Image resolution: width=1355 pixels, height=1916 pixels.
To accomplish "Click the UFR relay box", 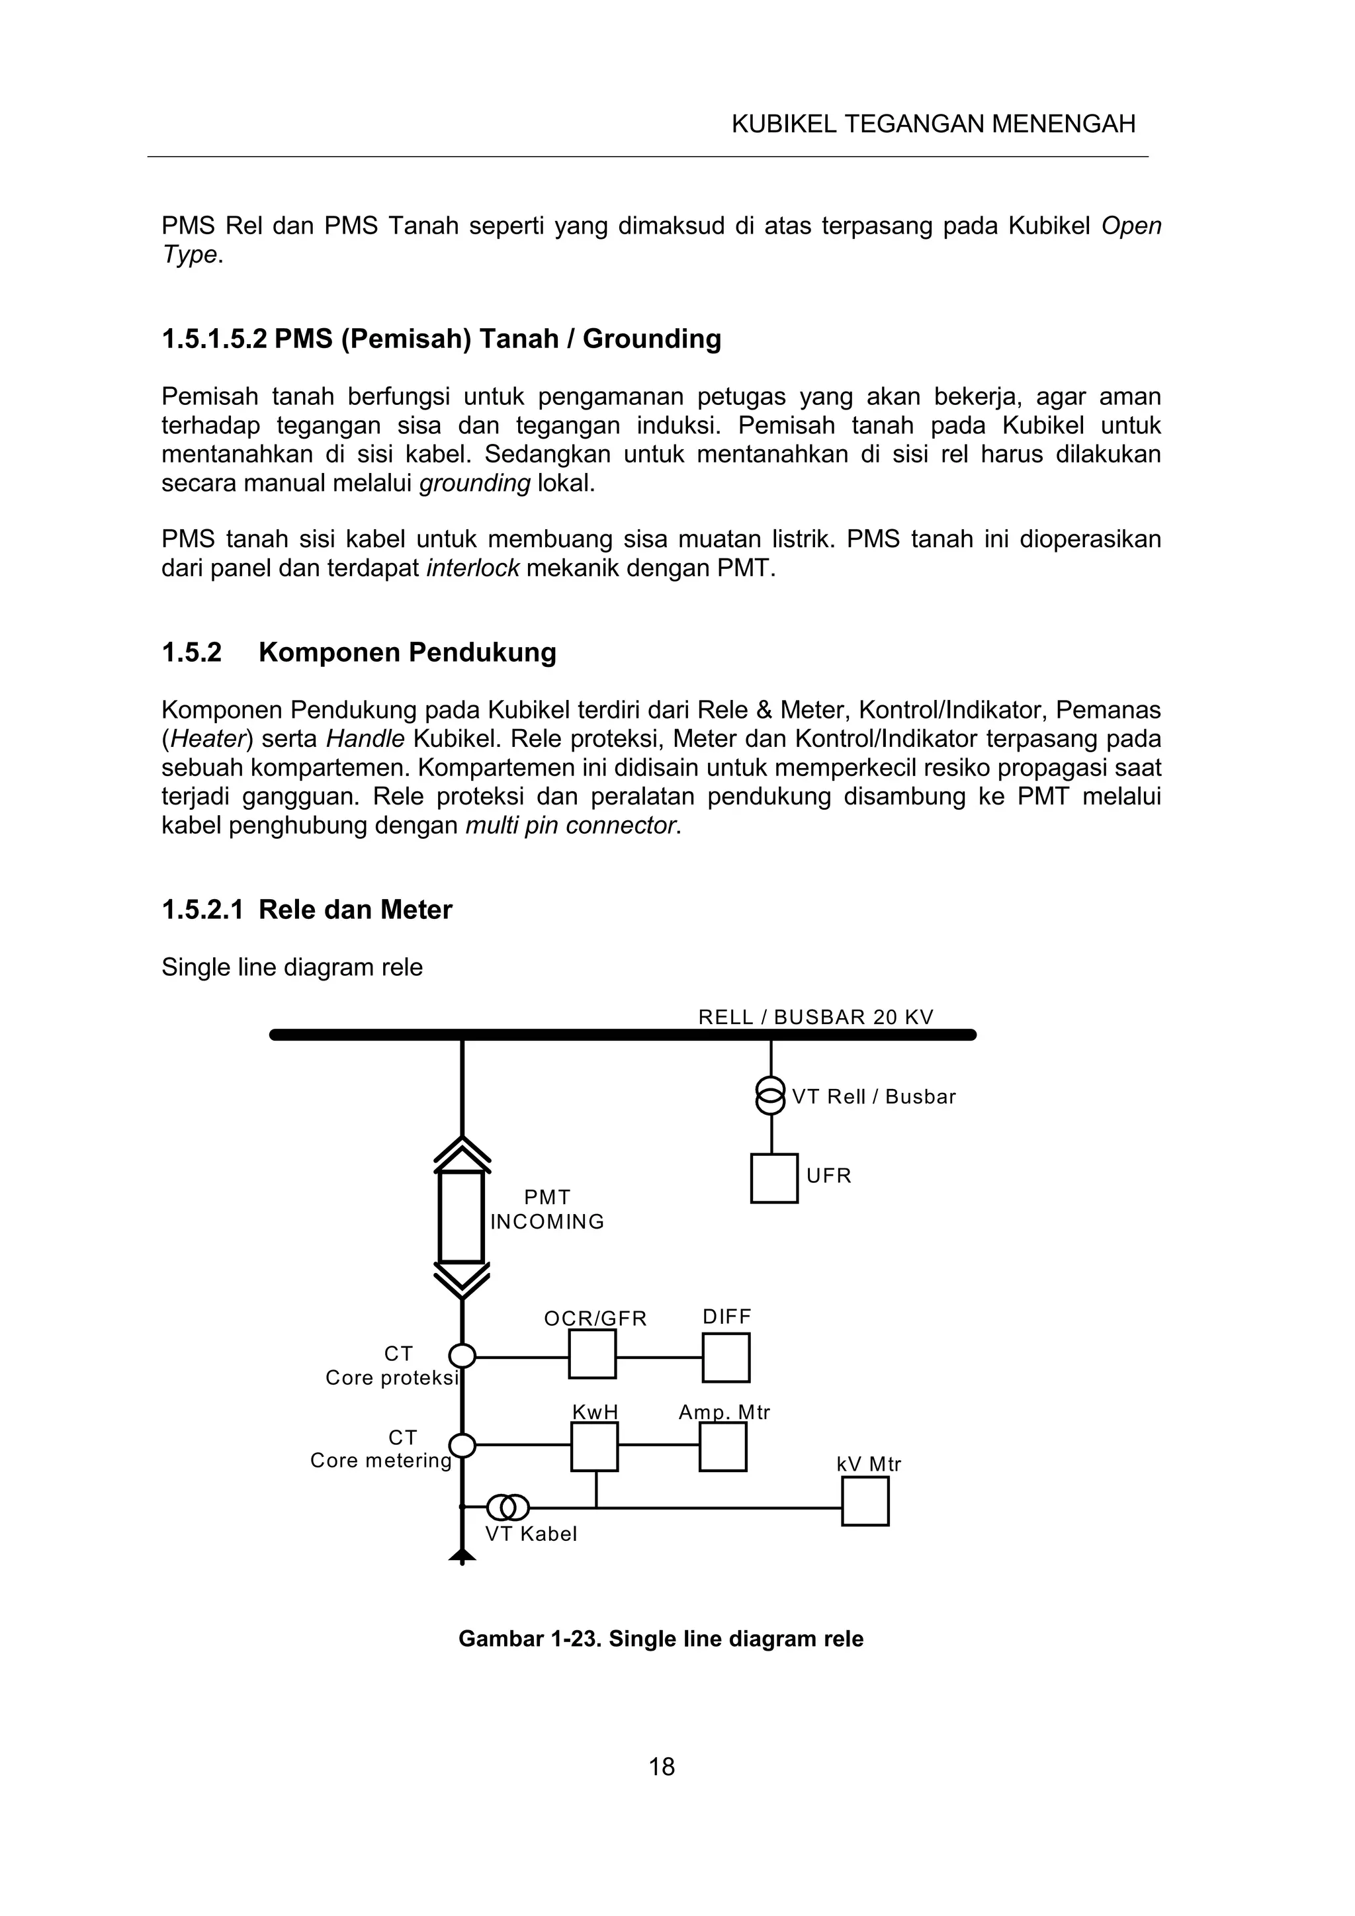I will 773,1178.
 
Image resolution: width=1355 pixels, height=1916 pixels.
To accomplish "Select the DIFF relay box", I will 725,1358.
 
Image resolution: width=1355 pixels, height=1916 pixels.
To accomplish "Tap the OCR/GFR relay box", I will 592,1354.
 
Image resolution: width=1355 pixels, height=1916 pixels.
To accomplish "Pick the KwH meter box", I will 594,1446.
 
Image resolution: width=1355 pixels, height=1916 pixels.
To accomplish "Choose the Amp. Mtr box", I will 722,1446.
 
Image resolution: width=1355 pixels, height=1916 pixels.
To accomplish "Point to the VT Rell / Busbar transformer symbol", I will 770,1096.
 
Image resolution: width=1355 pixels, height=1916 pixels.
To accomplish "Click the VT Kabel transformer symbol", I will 508,1507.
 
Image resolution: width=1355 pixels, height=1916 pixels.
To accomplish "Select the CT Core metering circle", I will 462,1444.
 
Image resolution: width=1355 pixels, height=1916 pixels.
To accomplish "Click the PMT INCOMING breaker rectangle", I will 461,1217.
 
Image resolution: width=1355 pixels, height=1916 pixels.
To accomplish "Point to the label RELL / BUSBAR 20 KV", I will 815,1018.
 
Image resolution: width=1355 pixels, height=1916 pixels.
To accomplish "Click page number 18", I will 662,1766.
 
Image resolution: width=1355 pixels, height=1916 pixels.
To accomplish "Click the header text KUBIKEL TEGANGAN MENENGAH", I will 933,124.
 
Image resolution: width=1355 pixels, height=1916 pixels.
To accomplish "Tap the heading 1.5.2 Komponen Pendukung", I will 359,652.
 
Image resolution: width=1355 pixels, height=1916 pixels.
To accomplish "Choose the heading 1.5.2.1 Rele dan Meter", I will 306,909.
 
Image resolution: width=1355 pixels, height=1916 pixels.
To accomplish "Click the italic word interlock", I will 472,568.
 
